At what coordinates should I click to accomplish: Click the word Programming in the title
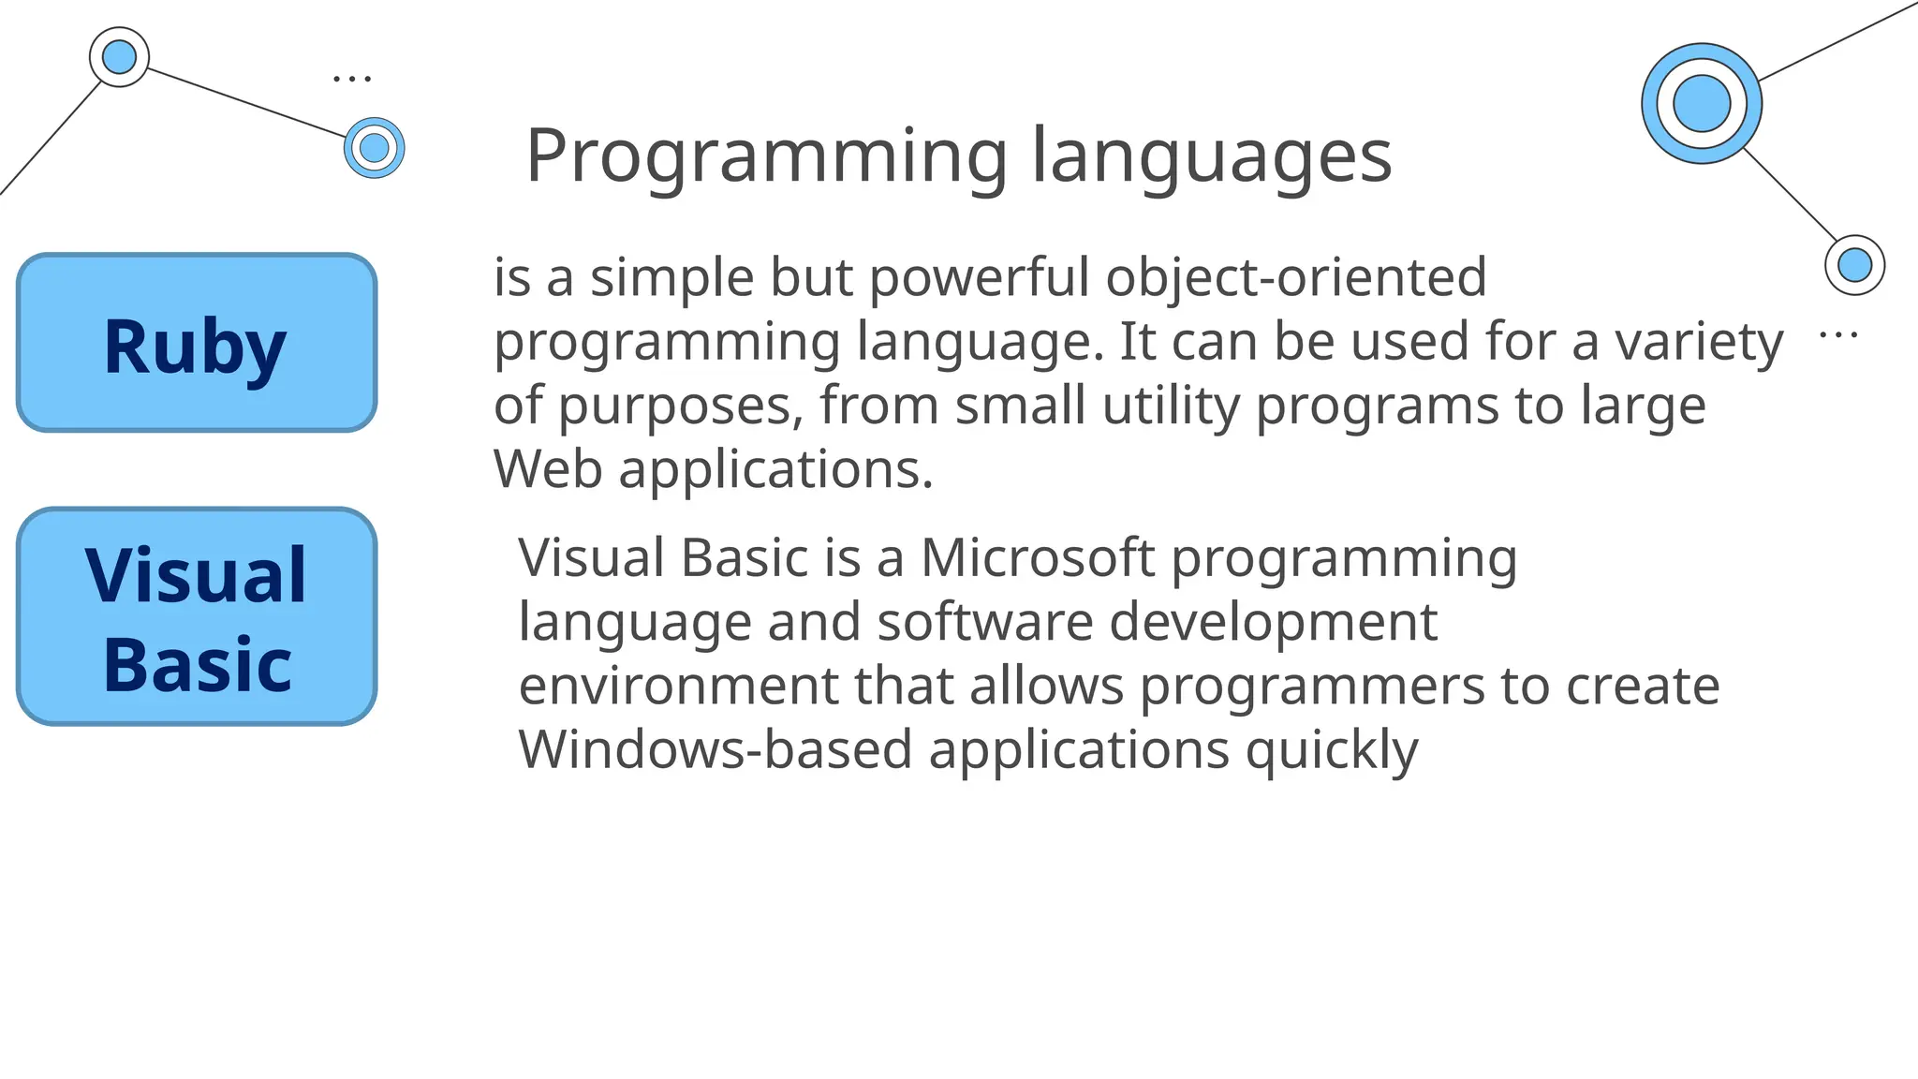point(767,157)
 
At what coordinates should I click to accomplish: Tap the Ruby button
point(197,344)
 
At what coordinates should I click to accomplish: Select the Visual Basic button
point(197,617)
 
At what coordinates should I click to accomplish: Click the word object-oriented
point(1295,278)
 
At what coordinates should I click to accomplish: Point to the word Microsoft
point(1038,558)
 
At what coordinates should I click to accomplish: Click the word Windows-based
point(716,750)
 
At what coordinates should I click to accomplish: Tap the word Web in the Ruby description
point(548,469)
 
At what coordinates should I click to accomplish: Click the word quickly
point(1332,751)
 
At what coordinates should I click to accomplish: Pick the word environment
point(678,687)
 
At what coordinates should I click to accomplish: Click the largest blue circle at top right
point(1702,104)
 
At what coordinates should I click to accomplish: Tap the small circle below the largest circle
point(1854,265)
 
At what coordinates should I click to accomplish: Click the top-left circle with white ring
point(119,57)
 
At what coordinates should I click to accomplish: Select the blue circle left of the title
point(374,148)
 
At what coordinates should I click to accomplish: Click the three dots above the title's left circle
point(352,79)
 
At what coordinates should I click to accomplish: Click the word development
point(1273,623)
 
